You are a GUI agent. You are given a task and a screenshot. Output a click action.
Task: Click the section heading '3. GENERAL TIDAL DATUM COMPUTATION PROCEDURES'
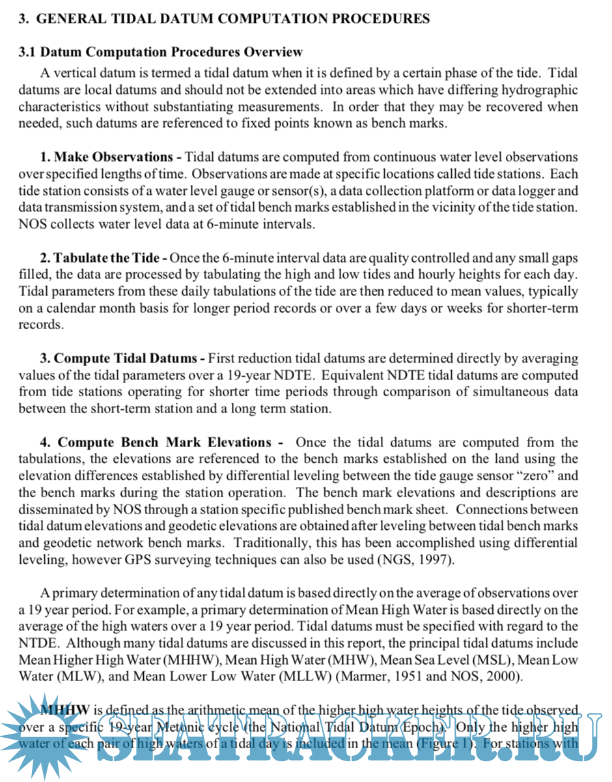(224, 19)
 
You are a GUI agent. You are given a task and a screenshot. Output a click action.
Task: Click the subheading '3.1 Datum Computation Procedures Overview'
(160, 52)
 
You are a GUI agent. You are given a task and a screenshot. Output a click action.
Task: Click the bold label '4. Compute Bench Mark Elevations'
(155, 442)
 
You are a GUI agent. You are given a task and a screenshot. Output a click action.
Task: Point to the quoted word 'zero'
(530, 476)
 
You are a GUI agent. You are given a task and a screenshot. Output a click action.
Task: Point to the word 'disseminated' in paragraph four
(53, 510)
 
